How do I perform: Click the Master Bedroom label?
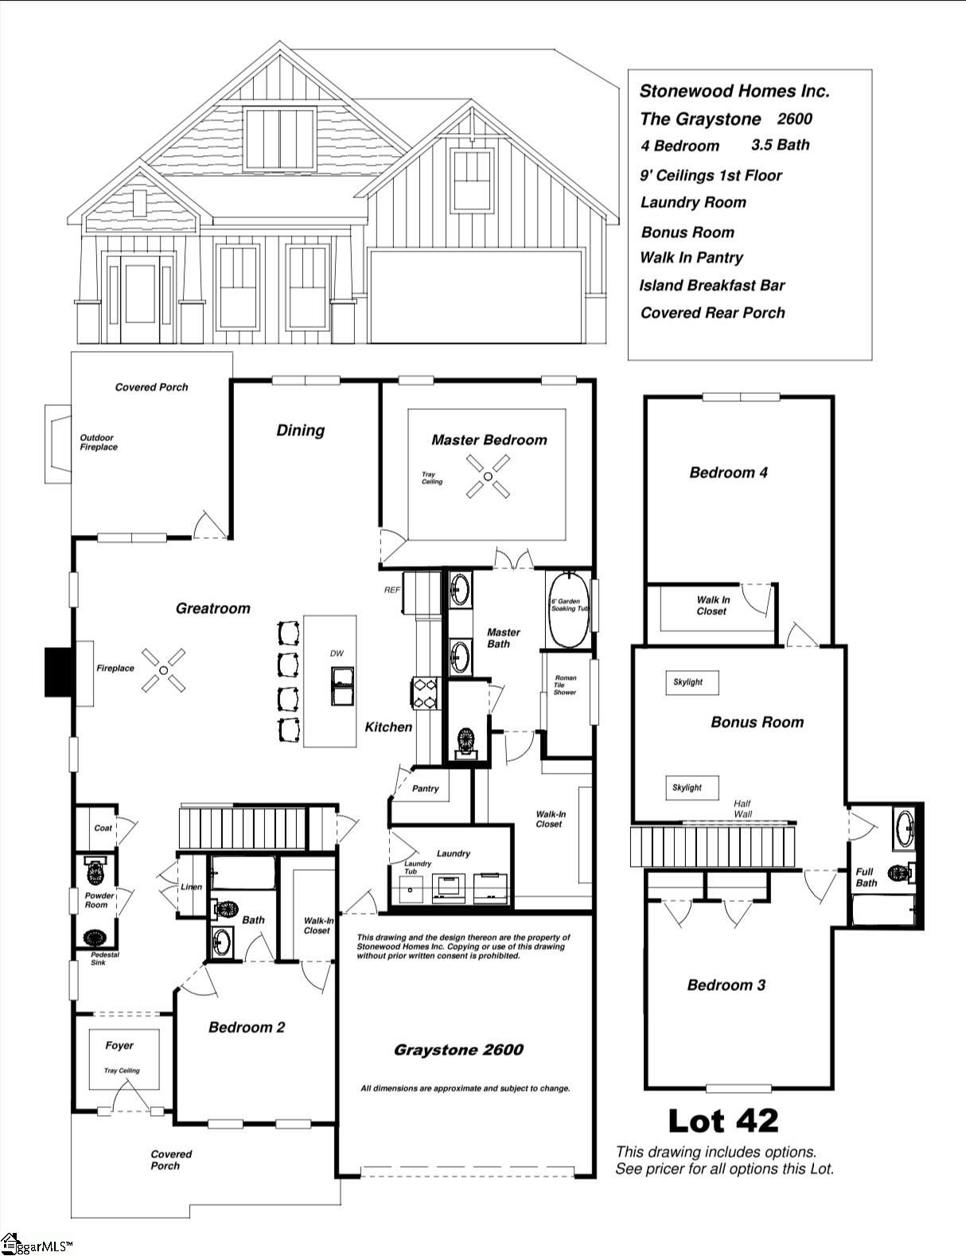coord(489,439)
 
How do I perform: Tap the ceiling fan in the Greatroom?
coord(163,670)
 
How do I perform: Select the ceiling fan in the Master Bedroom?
coord(488,477)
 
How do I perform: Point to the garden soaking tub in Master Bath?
coord(568,609)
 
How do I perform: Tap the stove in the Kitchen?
coord(424,691)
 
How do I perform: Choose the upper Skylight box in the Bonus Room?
coord(691,682)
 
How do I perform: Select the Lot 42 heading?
coord(723,1120)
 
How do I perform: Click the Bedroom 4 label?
coord(728,473)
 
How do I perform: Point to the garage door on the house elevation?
coord(476,296)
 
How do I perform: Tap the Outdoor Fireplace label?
coord(98,443)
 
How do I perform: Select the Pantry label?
coord(426,788)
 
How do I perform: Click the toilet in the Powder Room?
coord(96,872)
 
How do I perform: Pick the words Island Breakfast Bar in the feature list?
coord(711,285)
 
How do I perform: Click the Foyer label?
coord(119,1045)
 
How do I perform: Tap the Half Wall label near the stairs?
coord(742,808)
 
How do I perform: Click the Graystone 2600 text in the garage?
coord(458,1050)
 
